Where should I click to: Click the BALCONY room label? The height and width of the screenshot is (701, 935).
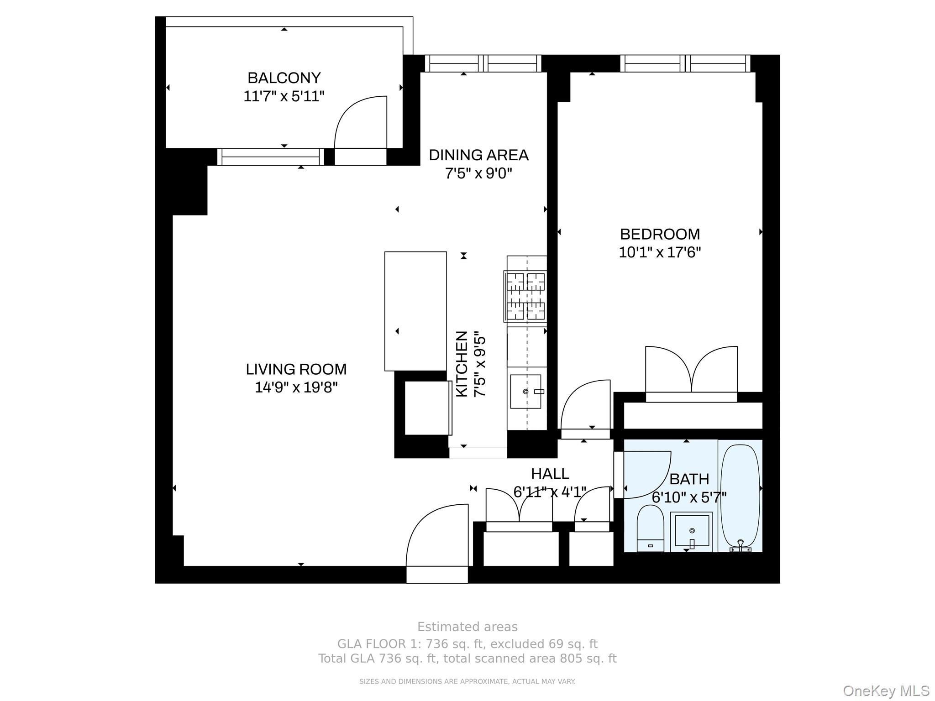coord(284,78)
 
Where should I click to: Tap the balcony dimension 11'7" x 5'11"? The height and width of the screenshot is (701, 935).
coord(284,97)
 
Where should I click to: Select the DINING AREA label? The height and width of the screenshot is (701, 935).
coord(478,155)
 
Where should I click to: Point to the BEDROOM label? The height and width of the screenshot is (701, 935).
coord(660,234)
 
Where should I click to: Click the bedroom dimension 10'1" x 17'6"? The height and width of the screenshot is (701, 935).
coord(660,252)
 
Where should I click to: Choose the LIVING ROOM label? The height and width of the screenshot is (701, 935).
coord(296,369)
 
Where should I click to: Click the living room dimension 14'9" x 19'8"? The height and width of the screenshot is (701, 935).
coord(296,387)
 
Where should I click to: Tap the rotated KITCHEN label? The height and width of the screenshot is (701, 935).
coord(462,364)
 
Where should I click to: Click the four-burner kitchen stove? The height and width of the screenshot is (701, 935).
coord(525,296)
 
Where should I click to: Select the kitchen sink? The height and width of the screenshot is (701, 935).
coord(525,392)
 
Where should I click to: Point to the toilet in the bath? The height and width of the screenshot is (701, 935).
coord(650,528)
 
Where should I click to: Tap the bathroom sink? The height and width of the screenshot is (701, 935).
coord(692,531)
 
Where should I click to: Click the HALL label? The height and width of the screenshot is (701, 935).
coord(550,474)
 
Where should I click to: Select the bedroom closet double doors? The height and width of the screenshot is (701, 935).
coord(691,370)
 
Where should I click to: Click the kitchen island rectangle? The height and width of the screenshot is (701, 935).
coord(415,311)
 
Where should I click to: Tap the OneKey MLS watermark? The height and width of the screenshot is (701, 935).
coord(886,691)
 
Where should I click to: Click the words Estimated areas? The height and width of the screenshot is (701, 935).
coord(467,627)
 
